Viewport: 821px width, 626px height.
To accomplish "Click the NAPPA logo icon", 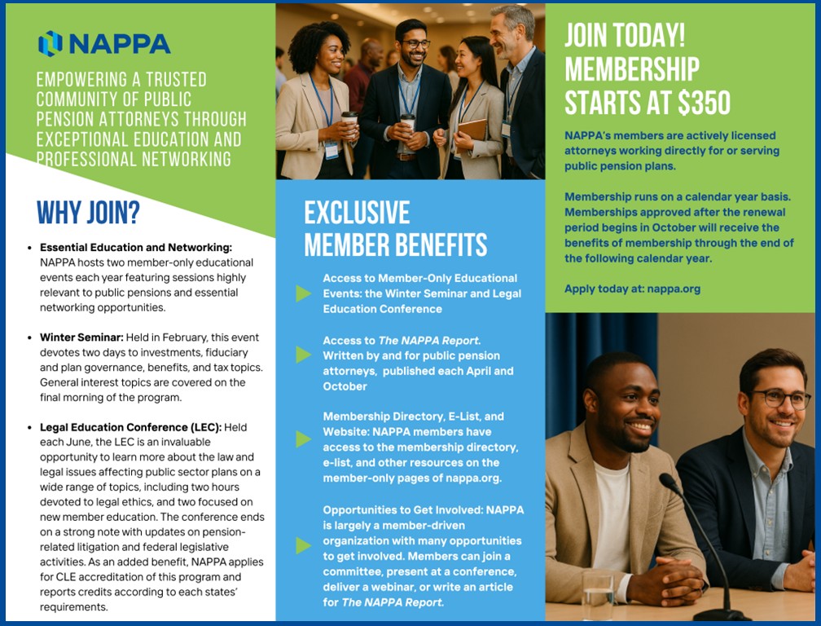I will [x=50, y=43].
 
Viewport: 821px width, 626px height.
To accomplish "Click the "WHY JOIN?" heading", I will [x=88, y=213].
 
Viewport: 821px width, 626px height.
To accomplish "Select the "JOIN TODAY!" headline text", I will [x=625, y=36].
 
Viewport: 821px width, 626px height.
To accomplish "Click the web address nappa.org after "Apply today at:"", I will [x=674, y=289].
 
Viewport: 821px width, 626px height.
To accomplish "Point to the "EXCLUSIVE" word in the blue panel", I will [x=357, y=213].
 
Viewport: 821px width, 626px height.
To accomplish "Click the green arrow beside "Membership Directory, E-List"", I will [x=303, y=439].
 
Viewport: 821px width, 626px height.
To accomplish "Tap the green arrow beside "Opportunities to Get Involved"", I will [x=303, y=545].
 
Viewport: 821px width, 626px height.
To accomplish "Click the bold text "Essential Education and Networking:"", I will [x=136, y=247].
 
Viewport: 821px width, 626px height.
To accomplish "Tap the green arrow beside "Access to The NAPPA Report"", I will [x=303, y=355].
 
